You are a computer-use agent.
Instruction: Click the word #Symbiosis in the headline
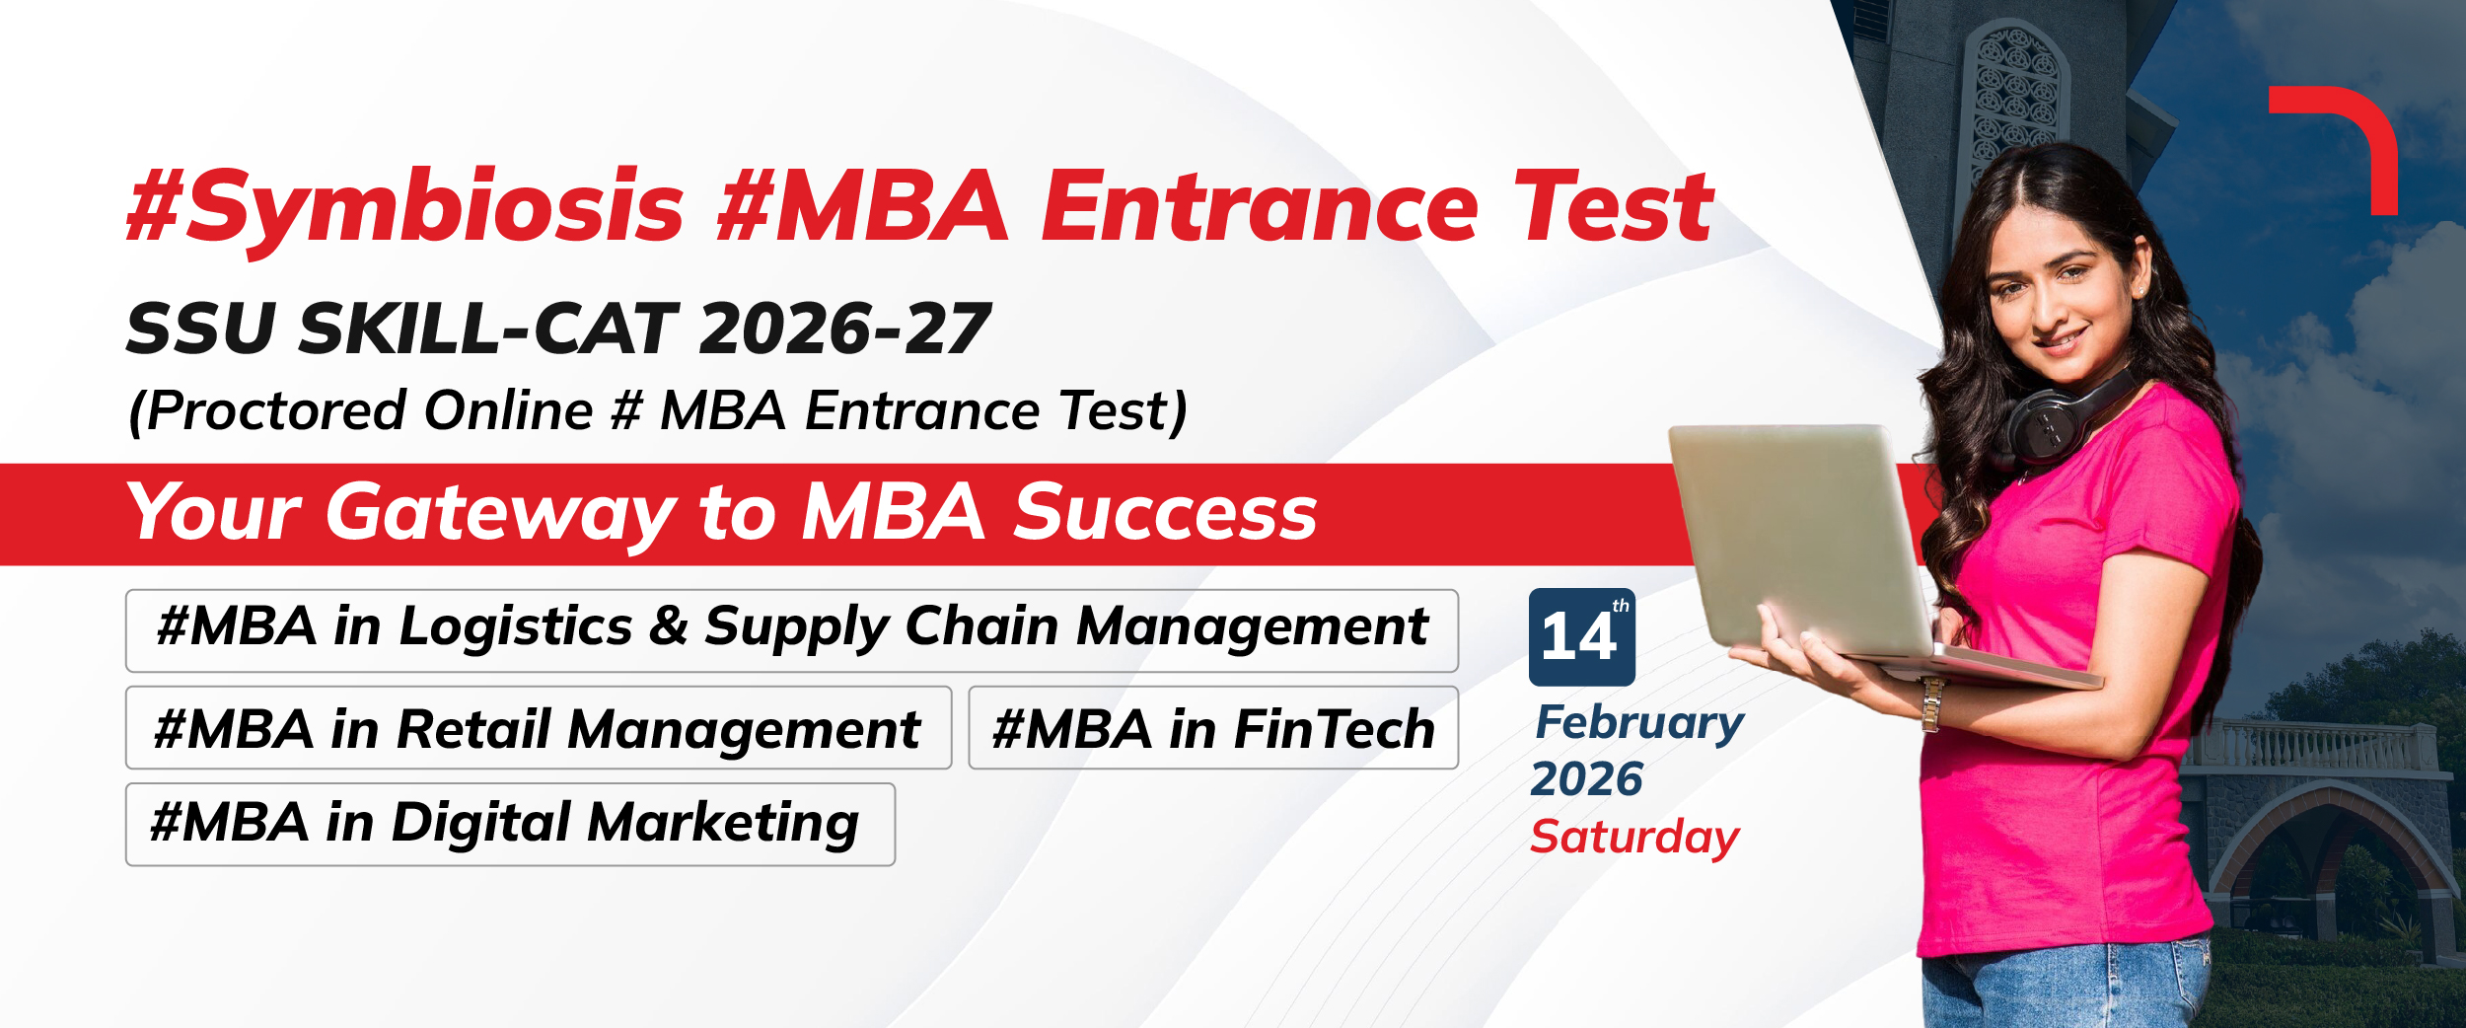[405, 208]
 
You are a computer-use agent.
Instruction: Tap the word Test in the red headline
[1615, 206]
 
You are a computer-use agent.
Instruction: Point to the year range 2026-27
[844, 329]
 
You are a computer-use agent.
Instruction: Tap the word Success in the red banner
[1165, 512]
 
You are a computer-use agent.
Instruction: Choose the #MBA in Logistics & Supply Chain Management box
[792, 630]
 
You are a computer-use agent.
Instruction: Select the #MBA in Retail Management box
[539, 728]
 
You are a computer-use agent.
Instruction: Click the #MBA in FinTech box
[1213, 728]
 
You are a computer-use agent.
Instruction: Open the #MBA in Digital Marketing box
[510, 825]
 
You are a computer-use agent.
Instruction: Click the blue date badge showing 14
[1581, 637]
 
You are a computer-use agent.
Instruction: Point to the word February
[1639, 724]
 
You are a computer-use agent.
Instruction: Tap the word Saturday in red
[1634, 839]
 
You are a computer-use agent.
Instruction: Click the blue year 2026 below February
[1586, 779]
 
